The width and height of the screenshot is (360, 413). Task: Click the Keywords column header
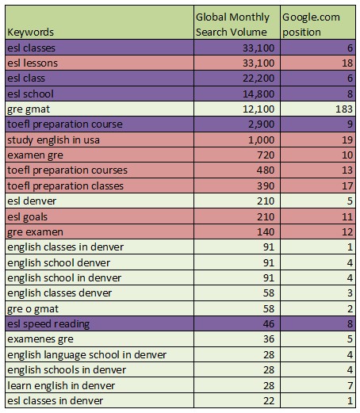(30, 33)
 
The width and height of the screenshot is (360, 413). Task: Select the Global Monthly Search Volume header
(232, 25)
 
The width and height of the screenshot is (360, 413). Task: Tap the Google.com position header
(311, 25)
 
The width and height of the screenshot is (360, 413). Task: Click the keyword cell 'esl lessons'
(33, 63)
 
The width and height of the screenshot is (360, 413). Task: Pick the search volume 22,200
(259, 78)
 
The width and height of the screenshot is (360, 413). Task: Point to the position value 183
(344, 109)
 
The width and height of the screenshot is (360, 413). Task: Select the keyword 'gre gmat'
(29, 109)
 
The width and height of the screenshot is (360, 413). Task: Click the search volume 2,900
(261, 124)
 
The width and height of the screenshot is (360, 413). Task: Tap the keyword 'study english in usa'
(53, 140)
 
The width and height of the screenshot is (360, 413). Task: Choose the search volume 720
(266, 155)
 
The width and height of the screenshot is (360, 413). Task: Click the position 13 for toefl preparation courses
(347, 170)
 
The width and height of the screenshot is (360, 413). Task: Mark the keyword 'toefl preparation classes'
(65, 186)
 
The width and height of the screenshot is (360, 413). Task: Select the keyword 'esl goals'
(28, 217)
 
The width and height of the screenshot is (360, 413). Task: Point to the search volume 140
(266, 232)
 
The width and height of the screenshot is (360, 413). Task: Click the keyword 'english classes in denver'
(65, 247)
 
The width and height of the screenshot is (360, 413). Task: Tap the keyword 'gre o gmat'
(33, 309)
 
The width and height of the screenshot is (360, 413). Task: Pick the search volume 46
(269, 324)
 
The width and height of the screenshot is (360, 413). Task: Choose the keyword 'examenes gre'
(40, 339)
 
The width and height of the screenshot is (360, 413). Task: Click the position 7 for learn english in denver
(350, 386)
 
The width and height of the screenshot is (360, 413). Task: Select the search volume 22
(269, 401)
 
